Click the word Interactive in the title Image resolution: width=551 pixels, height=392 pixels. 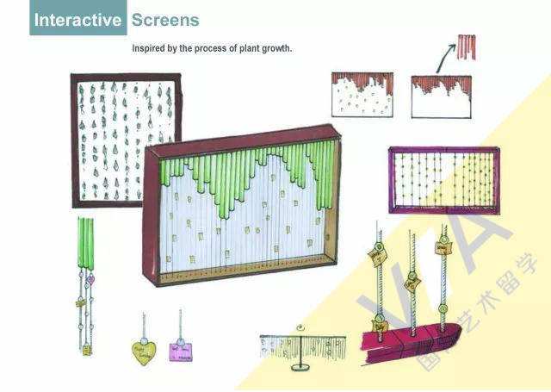(x=78, y=19)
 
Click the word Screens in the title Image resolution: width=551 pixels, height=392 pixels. (x=165, y=19)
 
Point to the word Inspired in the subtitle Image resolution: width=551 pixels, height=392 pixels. (x=150, y=48)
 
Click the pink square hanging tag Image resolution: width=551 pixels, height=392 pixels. (x=181, y=351)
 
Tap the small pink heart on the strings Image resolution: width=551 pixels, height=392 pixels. (x=90, y=279)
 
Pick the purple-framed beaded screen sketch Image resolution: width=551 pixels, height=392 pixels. (x=443, y=179)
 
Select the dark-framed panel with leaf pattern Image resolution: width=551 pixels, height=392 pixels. (x=126, y=140)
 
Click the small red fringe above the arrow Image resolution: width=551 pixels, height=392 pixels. (x=466, y=47)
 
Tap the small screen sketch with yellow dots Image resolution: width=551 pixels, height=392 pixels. (x=362, y=95)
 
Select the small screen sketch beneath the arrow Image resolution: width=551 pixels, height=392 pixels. (x=441, y=96)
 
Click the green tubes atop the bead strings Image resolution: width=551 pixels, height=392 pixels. (x=85, y=243)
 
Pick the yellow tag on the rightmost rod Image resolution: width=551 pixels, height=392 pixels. (x=443, y=247)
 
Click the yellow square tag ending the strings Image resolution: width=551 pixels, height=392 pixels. (x=87, y=350)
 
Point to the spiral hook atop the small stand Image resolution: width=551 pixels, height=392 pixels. (x=299, y=327)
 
